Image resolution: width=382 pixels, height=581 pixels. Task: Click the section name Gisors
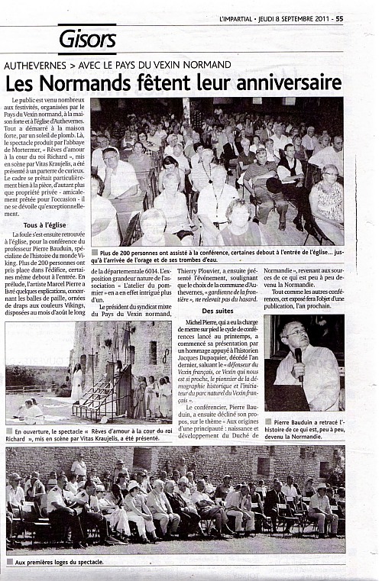86,38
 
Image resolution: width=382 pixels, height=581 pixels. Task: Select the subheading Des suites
217,311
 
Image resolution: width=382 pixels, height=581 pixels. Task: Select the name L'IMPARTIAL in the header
238,8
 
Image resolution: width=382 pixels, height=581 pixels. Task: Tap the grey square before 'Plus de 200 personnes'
94,253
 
